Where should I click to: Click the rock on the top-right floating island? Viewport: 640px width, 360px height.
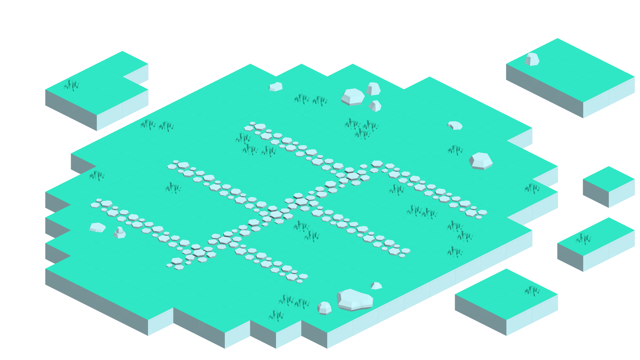[x=532, y=60]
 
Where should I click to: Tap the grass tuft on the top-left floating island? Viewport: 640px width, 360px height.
[x=72, y=85]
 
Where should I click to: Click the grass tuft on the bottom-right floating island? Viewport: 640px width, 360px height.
[x=532, y=291]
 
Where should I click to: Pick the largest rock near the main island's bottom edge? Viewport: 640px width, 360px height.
[x=354, y=300]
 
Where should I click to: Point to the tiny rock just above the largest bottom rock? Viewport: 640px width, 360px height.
[x=376, y=286]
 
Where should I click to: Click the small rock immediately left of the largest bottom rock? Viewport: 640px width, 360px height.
[x=324, y=308]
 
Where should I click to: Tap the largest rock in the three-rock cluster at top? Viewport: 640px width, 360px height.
[x=353, y=97]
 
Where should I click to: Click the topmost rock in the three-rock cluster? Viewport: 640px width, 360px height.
[x=373, y=89]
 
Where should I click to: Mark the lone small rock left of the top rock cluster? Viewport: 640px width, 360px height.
[x=276, y=87]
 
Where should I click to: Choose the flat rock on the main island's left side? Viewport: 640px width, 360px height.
[x=98, y=228]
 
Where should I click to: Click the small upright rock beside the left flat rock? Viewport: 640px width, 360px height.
[x=120, y=233]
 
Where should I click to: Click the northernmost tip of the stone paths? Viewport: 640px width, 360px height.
[x=253, y=124]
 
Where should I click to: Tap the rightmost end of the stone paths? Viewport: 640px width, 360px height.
[x=482, y=213]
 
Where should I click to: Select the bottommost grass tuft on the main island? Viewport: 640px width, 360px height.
[x=276, y=316]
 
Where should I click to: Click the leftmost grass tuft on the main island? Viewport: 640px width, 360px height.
[x=97, y=176]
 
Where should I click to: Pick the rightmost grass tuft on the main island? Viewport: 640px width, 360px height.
[x=532, y=188]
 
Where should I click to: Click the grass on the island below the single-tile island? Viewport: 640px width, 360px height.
[x=584, y=239]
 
